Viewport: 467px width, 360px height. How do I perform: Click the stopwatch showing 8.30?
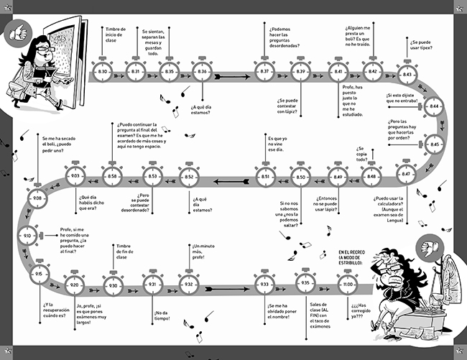(103, 72)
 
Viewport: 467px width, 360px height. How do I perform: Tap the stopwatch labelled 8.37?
(264, 72)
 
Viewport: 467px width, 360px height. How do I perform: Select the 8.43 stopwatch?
(407, 75)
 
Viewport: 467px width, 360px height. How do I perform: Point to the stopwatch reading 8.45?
(434, 144)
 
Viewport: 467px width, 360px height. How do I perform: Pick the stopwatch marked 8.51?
(265, 176)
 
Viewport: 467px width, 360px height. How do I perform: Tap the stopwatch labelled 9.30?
(112, 285)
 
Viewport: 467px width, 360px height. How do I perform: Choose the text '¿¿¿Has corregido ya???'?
(359, 308)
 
